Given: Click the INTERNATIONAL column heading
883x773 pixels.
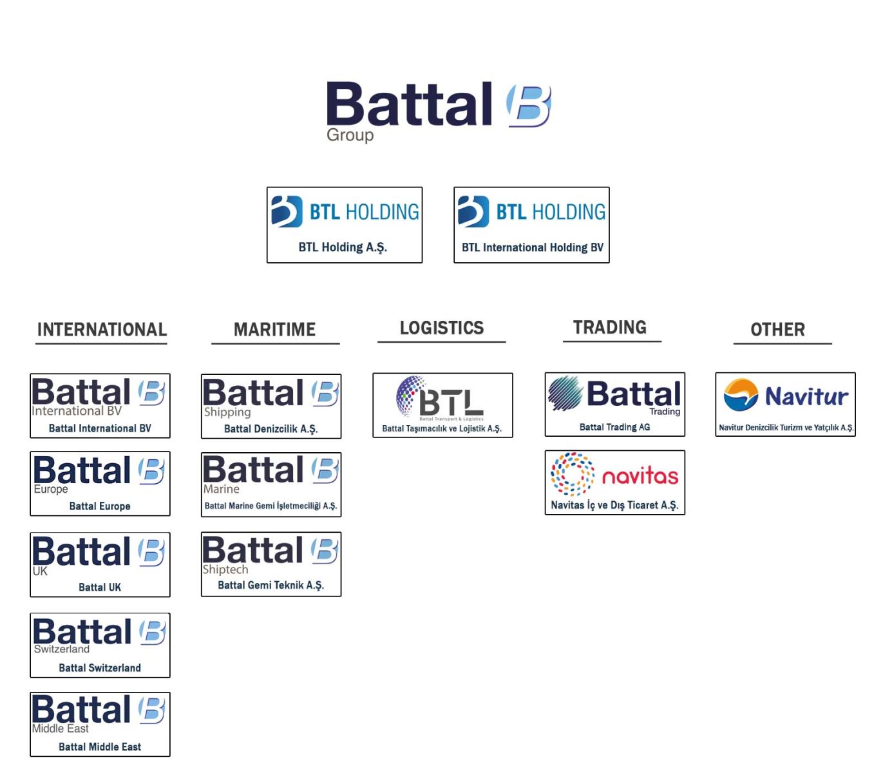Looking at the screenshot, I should point(102,330).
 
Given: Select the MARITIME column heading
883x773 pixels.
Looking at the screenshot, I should point(274,330).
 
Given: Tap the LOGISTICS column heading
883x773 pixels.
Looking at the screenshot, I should point(442,328).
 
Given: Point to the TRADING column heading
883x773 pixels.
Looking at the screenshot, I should point(610,327).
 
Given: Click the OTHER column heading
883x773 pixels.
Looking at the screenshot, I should point(777,330).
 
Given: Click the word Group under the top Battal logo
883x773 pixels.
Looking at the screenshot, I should point(350,135).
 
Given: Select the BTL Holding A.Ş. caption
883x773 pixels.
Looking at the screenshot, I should point(343,247).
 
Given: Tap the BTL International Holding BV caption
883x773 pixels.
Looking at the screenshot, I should point(532,247).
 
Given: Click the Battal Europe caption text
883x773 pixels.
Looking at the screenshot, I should point(100,506).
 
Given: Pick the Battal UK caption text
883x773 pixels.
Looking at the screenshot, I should point(100,587).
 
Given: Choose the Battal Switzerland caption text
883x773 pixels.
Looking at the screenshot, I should point(100,668).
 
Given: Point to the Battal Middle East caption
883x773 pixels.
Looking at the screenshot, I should point(100,747).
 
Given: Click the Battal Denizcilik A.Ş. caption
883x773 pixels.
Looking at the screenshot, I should point(271,429).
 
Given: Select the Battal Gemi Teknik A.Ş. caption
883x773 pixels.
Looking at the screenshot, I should point(271,586).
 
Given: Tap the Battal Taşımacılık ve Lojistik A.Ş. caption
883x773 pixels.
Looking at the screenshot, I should point(442,428).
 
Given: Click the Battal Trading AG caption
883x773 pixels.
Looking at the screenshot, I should point(614,427).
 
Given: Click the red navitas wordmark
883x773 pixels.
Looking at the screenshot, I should point(640,476).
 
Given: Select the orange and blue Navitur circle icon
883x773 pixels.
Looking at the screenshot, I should point(741,395).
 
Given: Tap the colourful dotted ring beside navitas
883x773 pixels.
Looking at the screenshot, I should point(572,474).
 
